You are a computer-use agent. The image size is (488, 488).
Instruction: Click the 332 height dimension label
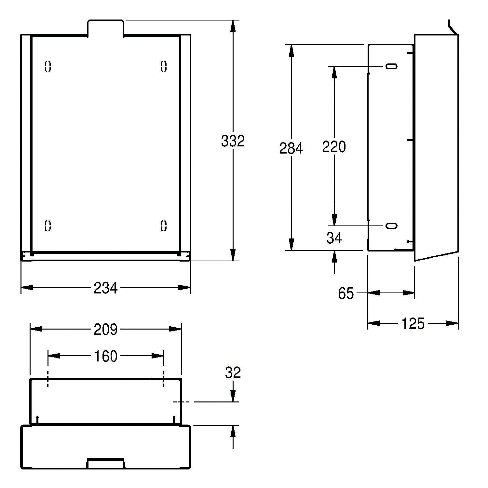pyautogui.click(x=233, y=141)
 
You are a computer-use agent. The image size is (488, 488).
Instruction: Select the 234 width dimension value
pyautogui.click(x=105, y=288)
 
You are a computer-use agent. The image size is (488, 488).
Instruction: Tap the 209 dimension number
pyautogui.click(x=105, y=330)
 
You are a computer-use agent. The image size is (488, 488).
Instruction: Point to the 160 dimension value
pyautogui.click(x=105, y=357)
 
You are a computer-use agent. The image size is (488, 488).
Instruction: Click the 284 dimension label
pyautogui.click(x=291, y=148)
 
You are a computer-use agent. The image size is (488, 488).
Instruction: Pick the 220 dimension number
pyautogui.click(x=334, y=147)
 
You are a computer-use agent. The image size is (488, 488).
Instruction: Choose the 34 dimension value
pyautogui.click(x=334, y=238)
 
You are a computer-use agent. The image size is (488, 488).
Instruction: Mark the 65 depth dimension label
pyautogui.click(x=346, y=293)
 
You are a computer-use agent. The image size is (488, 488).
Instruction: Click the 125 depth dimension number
pyautogui.click(x=413, y=324)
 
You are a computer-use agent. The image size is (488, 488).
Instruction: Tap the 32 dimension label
pyautogui.click(x=233, y=373)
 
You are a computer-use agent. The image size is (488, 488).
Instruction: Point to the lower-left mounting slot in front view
pyautogui.click(x=48, y=225)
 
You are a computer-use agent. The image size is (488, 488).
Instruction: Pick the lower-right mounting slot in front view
pyautogui.click(x=164, y=225)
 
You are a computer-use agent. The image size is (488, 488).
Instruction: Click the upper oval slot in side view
pyautogui.click(x=391, y=66)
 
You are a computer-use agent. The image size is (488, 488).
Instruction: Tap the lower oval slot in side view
pyautogui.click(x=391, y=225)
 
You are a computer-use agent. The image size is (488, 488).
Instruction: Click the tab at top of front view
pyautogui.click(x=105, y=27)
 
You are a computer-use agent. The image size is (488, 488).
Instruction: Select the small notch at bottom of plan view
pyautogui.click(x=105, y=463)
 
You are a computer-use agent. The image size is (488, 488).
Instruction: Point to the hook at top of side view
pyautogui.click(x=452, y=27)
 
